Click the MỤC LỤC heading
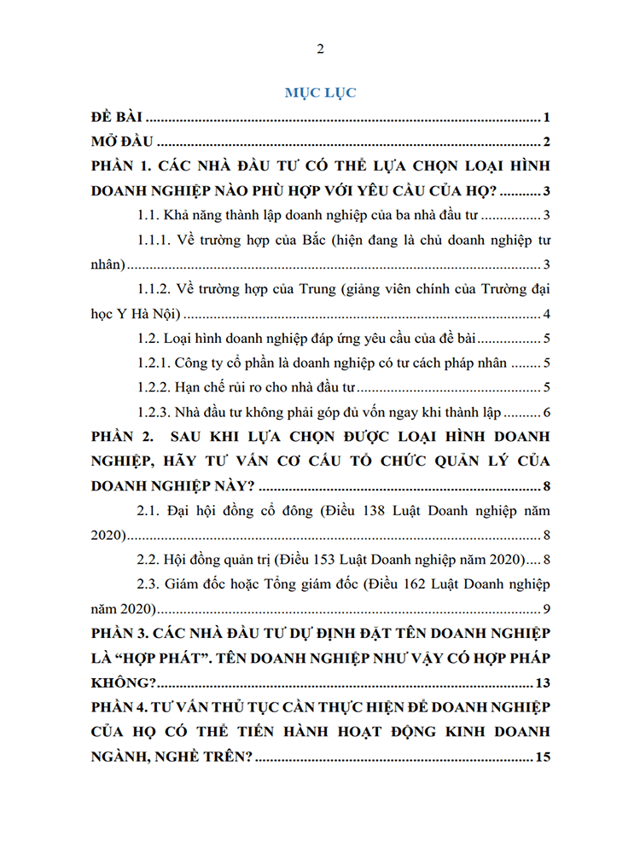tap(320, 93)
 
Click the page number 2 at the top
tap(320, 49)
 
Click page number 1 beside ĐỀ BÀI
tap(544, 118)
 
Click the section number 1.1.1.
tap(156, 241)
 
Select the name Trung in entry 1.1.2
tap(312, 290)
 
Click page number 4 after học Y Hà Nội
tap(545, 313)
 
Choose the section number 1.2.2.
tap(156, 388)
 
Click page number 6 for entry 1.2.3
tap(545, 413)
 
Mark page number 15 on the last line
tap(540, 757)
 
